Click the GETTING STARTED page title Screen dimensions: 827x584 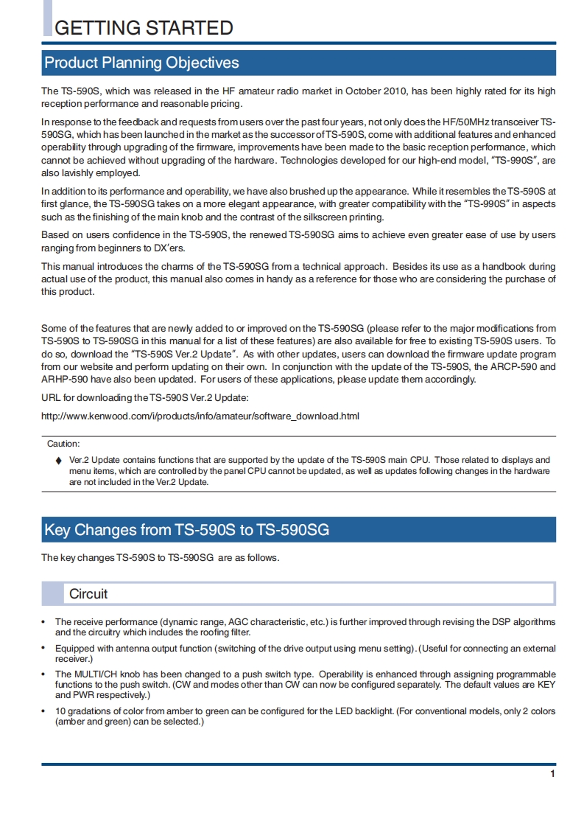(144, 28)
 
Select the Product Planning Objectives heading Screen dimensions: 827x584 (141, 63)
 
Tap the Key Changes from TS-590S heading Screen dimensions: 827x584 (186, 530)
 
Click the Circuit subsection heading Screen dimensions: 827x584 (88, 593)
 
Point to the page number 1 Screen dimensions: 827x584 (552, 774)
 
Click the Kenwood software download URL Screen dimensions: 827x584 (200, 416)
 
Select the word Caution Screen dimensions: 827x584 (63, 444)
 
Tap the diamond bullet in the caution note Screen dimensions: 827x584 (59, 461)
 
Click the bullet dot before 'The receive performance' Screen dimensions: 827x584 (44, 622)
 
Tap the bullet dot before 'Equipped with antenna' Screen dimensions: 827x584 (44, 649)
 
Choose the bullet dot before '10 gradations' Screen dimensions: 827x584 (44, 711)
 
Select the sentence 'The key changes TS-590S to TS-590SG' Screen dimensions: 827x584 (160, 558)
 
